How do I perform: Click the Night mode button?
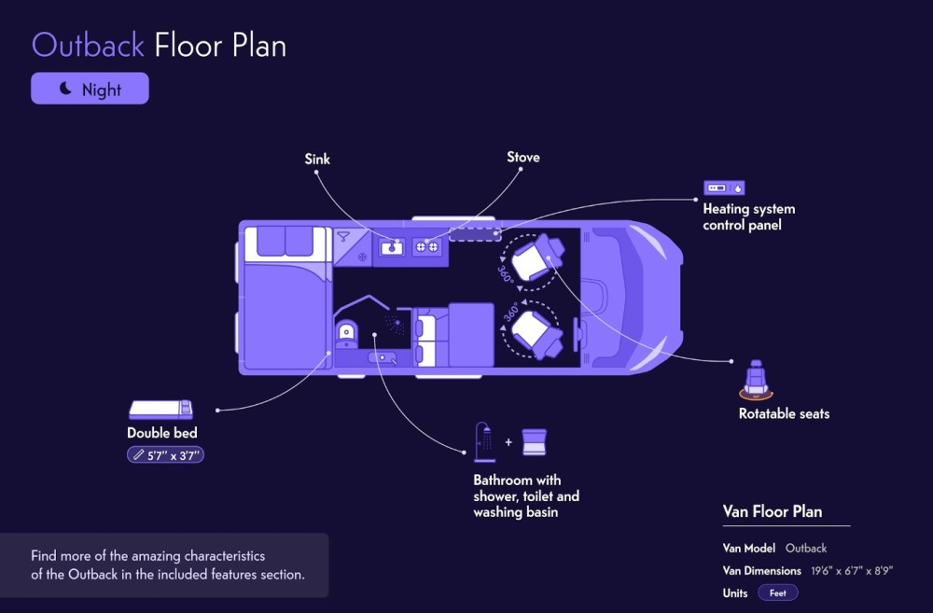(90, 89)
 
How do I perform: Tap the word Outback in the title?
(88, 46)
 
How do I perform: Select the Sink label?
(317, 159)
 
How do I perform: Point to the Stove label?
(523, 157)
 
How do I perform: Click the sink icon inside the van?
(392, 246)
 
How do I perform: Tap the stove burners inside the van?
(426, 246)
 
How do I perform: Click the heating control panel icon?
(724, 188)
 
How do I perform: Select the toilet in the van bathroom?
(347, 334)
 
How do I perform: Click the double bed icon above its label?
(160, 410)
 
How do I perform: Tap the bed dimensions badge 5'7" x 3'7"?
(165, 455)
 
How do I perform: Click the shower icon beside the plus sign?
(484, 442)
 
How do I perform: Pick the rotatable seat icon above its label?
(756, 380)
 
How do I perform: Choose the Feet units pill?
(778, 592)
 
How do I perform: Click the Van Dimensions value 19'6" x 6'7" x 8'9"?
(852, 571)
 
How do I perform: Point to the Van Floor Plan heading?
(773, 511)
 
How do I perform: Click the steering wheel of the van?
(577, 335)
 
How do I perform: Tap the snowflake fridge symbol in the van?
(362, 258)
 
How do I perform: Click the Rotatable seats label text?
(784, 413)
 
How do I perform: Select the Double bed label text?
(161, 433)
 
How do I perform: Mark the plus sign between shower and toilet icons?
(508, 442)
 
